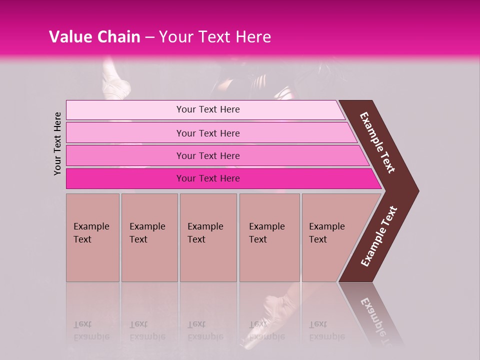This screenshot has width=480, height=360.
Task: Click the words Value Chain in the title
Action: [94, 37]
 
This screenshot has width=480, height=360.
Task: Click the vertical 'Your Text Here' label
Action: [57, 143]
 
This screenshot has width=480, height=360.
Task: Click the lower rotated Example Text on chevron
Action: [379, 236]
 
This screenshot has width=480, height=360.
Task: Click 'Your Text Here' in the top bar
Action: [208, 109]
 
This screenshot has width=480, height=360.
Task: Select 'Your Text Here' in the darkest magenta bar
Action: [208, 178]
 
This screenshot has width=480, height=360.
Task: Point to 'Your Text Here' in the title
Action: [215, 37]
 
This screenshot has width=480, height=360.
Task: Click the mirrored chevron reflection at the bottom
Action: [372, 312]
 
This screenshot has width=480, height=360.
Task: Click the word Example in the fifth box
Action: [326, 226]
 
